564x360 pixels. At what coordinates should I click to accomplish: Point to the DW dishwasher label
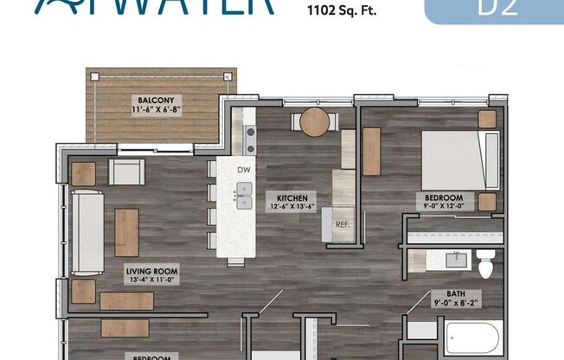[243, 170]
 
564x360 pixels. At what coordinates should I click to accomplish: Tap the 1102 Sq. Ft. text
[342, 14]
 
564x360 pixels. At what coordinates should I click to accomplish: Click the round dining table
[316, 122]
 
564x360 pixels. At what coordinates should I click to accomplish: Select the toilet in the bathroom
[486, 263]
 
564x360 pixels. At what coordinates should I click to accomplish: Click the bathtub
[471, 337]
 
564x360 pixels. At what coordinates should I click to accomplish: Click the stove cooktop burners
[250, 134]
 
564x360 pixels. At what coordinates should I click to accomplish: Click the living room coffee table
[126, 232]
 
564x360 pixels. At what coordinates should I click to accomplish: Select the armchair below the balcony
[125, 172]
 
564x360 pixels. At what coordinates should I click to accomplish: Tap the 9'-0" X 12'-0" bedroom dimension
[444, 208]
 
